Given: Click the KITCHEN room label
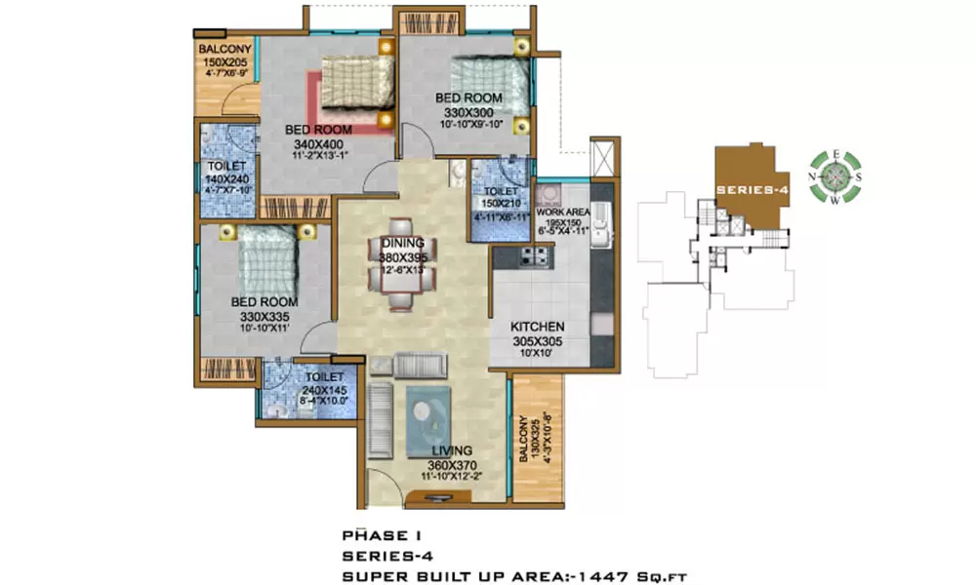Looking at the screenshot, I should [x=538, y=327].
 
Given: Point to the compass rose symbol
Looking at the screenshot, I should [x=835, y=176].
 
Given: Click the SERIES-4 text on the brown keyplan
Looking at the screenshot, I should [x=752, y=188].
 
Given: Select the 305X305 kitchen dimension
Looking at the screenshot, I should [x=538, y=341].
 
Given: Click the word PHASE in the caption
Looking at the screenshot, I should [x=368, y=535].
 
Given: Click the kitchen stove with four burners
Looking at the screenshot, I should [x=536, y=257].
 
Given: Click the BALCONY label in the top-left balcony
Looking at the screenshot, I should [x=225, y=51].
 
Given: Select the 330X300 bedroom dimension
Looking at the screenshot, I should [x=468, y=111].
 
